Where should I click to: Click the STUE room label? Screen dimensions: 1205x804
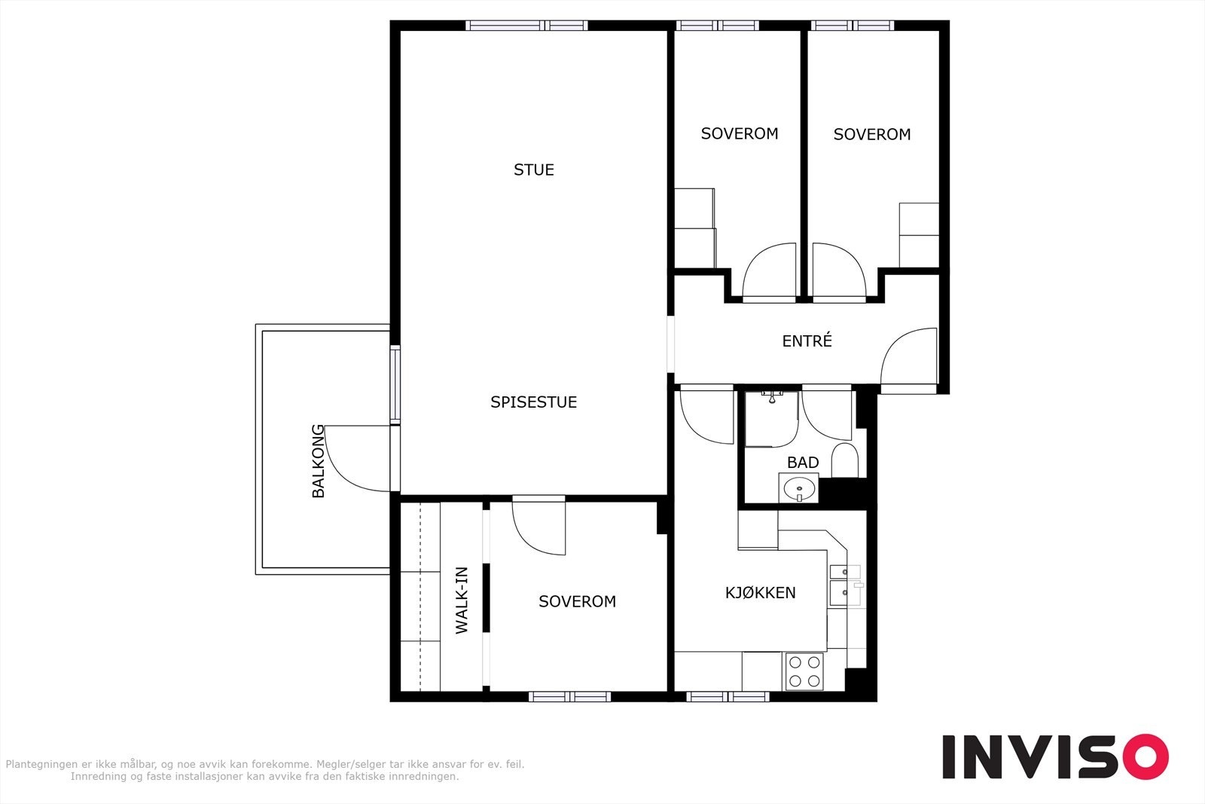(x=534, y=170)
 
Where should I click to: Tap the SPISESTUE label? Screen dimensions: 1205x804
(x=534, y=402)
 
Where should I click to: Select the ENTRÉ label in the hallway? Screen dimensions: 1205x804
(x=807, y=341)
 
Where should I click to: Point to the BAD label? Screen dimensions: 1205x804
(x=803, y=462)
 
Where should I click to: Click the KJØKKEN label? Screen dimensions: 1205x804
(x=760, y=592)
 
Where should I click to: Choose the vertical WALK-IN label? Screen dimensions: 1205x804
(x=462, y=601)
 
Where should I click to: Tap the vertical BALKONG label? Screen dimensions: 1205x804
(x=319, y=461)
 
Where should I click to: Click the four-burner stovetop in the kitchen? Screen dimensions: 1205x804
(x=804, y=671)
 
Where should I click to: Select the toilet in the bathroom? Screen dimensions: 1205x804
(x=844, y=460)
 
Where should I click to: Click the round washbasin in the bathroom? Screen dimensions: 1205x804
(x=799, y=488)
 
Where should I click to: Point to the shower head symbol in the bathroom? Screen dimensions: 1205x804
(x=772, y=397)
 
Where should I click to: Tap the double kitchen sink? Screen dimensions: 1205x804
(x=845, y=585)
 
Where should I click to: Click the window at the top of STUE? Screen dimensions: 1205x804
(x=526, y=26)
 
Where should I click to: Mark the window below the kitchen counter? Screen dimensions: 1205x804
(x=728, y=696)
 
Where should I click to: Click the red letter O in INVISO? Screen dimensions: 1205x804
(x=1146, y=756)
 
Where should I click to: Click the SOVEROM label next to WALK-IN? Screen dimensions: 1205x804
(x=577, y=601)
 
